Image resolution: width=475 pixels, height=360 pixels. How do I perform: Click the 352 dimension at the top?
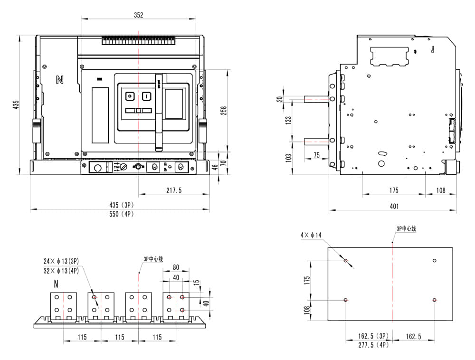pyautogui.click(x=138, y=15)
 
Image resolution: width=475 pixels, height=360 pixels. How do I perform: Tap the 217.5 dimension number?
pyautogui.click(x=174, y=190)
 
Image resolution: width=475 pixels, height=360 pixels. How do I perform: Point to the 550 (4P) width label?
pyautogui.click(x=121, y=214)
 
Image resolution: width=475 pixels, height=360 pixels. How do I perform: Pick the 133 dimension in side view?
pyautogui.click(x=288, y=120)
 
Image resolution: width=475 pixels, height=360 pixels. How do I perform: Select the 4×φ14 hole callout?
pyautogui.click(x=311, y=235)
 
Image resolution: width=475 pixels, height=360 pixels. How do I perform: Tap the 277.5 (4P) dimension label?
pyautogui.click(x=373, y=345)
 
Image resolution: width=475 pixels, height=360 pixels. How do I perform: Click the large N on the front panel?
pyautogui.click(x=59, y=80)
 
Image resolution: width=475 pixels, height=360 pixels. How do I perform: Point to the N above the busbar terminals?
pyautogui.click(x=56, y=284)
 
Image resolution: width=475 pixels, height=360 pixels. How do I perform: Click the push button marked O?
pyautogui.click(x=129, y=96)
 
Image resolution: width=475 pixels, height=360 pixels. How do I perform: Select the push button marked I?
pyautogui.click(x=147, y=96)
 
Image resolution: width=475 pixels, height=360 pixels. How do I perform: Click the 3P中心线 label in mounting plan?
pyautogui.click(x=406, y=229)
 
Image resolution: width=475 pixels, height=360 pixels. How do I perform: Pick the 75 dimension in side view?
pyautogui.click(x=317, y=156)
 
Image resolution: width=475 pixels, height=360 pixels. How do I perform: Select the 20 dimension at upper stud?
pyautogui.click(x=280, y=99)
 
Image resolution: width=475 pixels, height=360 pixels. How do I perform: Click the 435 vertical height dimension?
pyautogui.click(x=16, y=104)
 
